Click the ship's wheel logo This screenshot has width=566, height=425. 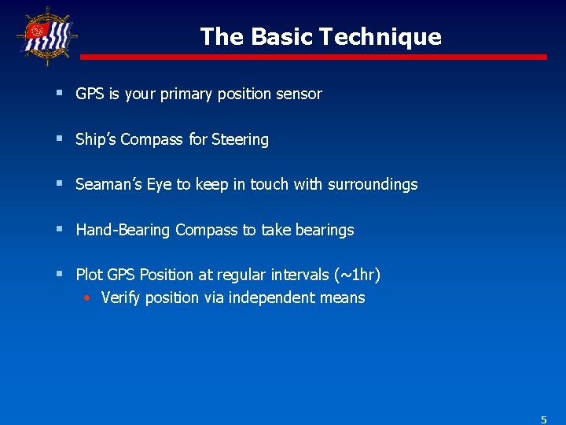[46, 35]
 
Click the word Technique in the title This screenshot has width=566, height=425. [385, 37]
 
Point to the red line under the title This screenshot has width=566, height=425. [314, 57]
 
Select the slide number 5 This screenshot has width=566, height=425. [543, 419]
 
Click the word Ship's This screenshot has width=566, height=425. [96, 140]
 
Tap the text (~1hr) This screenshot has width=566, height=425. [357, 275]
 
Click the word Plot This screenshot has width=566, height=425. [89, 275]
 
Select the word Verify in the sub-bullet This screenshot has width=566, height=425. [119, 298]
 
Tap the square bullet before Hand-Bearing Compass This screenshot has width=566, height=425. [60, 230]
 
